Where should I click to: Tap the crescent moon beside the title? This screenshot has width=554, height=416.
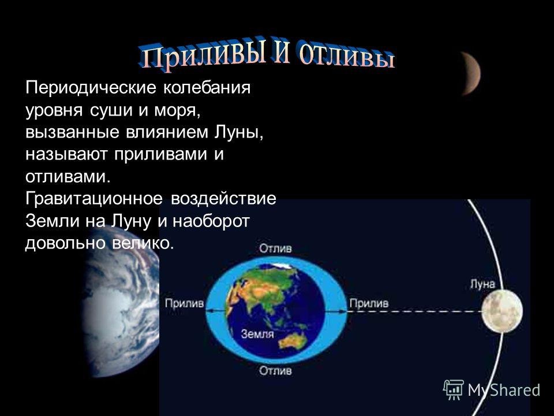point(471,73)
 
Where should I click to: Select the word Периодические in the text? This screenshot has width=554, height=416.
point(91,88)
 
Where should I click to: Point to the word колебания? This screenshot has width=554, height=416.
point(207,87)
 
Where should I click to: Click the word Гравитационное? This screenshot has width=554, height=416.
point(94,198)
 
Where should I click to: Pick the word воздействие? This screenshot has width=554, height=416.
point(224,198)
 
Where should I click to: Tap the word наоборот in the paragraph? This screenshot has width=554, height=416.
point(211,221)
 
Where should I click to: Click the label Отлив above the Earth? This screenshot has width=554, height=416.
point(276,248)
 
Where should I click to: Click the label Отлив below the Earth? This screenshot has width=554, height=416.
point(276,371)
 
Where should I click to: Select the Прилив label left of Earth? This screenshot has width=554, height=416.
point(185,303)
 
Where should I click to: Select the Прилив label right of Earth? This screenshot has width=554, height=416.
point(369,303)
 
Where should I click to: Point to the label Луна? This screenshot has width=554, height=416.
point(482,284)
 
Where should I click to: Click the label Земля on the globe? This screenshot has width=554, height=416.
point(257,333)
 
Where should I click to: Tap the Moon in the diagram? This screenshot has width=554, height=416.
point(502,311)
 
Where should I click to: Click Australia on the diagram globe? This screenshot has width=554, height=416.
point(293,341)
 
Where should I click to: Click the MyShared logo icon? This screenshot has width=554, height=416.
point(454,389)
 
